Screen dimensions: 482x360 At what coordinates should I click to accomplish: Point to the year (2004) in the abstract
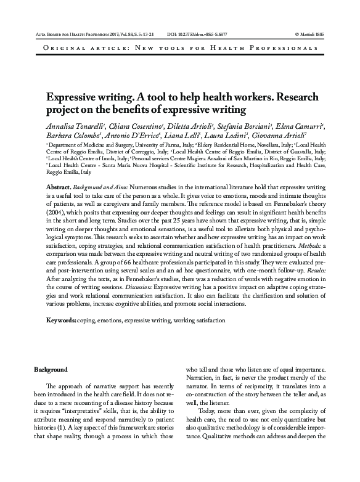coord(56,219)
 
